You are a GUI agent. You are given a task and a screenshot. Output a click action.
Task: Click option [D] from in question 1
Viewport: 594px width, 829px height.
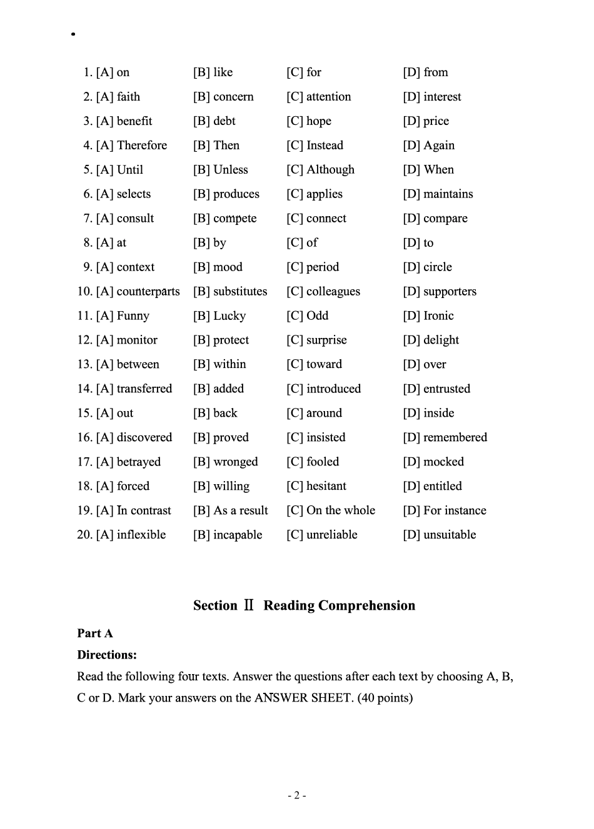tap(425, 72)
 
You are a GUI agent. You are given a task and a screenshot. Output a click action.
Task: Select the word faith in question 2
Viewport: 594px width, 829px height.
tap(128, 97)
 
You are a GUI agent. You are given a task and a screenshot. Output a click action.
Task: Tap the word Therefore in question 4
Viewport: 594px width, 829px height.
tap(142, 146)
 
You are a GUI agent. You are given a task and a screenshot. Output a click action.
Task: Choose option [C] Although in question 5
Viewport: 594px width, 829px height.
tap(320, 170)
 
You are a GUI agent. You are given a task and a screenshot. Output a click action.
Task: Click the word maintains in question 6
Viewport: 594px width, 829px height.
tap(448, 194)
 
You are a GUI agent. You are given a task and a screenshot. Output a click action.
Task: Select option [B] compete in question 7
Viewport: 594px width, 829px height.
tap(224, 219)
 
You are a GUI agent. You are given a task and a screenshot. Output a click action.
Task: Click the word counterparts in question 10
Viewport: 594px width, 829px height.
tap(148, 292)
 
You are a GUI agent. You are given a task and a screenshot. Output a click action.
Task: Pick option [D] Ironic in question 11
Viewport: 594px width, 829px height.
tap(428, 316)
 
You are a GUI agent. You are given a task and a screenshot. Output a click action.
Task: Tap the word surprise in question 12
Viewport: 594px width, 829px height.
tap(326, 340)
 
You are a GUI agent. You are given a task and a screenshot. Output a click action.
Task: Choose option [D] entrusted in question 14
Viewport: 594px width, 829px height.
tap(436, 389)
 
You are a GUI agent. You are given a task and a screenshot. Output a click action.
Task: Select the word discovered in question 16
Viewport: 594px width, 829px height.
tap(144, 437)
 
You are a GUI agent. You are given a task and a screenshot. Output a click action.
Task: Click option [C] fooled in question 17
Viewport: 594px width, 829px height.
tap(313, 462)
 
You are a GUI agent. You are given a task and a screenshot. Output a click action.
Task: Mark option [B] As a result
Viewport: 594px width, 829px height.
tap(230, 510)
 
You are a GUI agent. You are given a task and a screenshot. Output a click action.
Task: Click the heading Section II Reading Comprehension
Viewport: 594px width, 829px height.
tap(304, 605)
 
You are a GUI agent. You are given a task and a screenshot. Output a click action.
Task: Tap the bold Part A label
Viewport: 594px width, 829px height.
tap(95, 633)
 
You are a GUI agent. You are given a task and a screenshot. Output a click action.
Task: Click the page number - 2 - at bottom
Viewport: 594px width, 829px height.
tap(296, 795)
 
